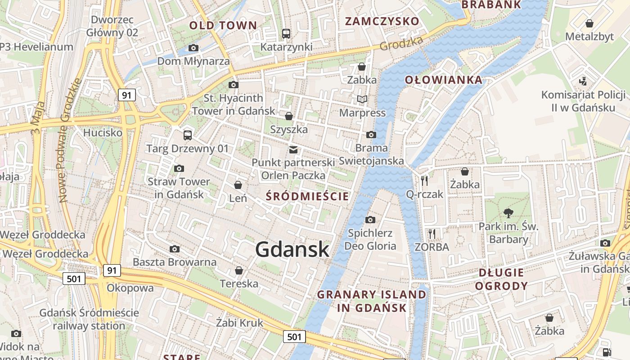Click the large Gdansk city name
click(x=292, y=249)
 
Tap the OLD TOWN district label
click(x=223, y=25)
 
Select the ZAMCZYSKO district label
click(x=382, y=21)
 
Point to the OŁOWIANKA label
click(x=443, y=80)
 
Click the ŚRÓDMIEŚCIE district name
click(x=307, y=196)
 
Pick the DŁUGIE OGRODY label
click(x=501, y=279)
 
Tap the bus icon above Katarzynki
click(x=286, y=33)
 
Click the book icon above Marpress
click(x=362, y=99)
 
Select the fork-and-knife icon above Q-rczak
click(x=424, y=180)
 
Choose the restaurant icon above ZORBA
click(x=432, y=234)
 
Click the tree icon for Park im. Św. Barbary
click(x=508, y=212)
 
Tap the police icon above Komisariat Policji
click(x=583, y=81)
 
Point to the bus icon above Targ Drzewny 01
click(x=188, y=135)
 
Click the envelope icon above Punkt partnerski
click(x=293, y=149)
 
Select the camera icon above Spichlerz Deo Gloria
click(x=370, y=220)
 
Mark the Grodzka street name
click(x=401, y=43)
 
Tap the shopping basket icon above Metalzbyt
click(x=589, y=23)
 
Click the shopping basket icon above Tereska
click(x=238, y=270)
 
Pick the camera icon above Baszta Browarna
click(x=175, y=249)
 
